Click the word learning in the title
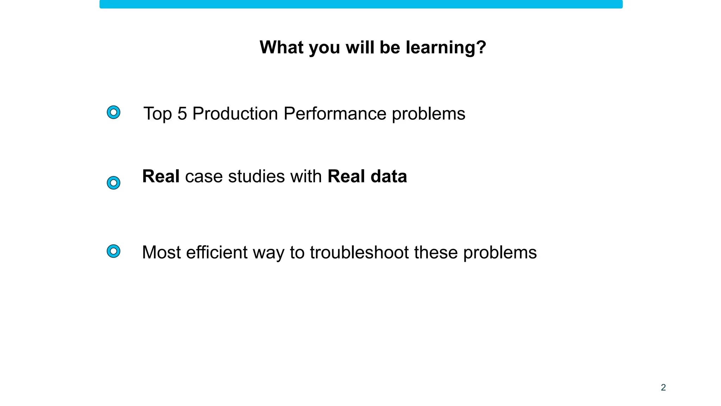[x=446, y=48]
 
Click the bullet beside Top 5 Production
[x=113, y=112]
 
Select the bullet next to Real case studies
[x=113, y=183]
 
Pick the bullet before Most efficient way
[x=113, y=251]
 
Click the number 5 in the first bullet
[x=182, y=114]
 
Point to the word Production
[x=235, y=114]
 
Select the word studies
[x=256, y=176]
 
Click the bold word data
[x=389, y=176]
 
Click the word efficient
[x=217, y=252]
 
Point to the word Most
[x=161, y=252]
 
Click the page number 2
[x=663, y=387]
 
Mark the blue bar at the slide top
[x=361, y=4]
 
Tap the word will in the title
[x=360, y=47]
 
